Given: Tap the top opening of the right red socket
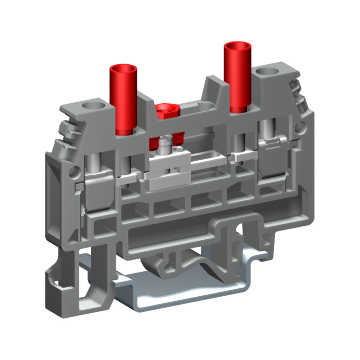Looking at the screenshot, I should point(238,46).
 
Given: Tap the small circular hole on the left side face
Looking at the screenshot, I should point(73,172).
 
